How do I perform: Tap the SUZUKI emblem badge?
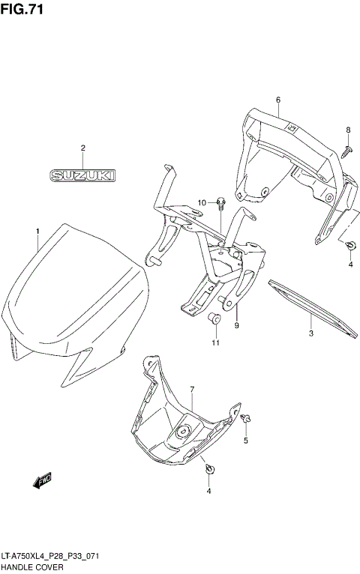[82, 176]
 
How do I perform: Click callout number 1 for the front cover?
[36, 230]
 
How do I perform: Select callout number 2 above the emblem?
[83, 148]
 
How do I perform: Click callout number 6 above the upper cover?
[277, 100]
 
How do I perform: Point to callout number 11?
[215, 343]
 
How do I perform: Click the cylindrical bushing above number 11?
[214, 321]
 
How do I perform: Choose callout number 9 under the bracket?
[236, 326]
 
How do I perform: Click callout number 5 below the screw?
[245, 441]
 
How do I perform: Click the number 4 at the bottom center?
[209, 491]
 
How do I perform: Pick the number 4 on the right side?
[349, 265]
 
